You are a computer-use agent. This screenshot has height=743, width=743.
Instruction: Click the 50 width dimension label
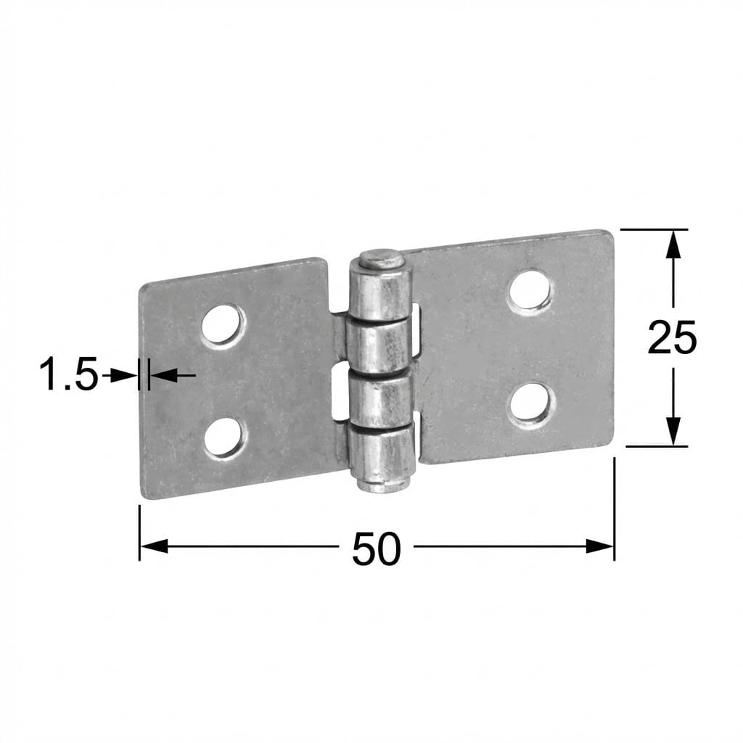(x=377, y=549)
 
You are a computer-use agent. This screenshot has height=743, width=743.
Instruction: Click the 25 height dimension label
(x=672, y=337)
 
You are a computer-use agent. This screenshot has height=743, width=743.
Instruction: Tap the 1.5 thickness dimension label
(x=69, y=374)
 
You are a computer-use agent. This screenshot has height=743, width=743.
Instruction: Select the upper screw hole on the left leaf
(x=223, y=326)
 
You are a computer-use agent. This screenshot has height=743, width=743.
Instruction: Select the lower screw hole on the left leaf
(x=225, y=438)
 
